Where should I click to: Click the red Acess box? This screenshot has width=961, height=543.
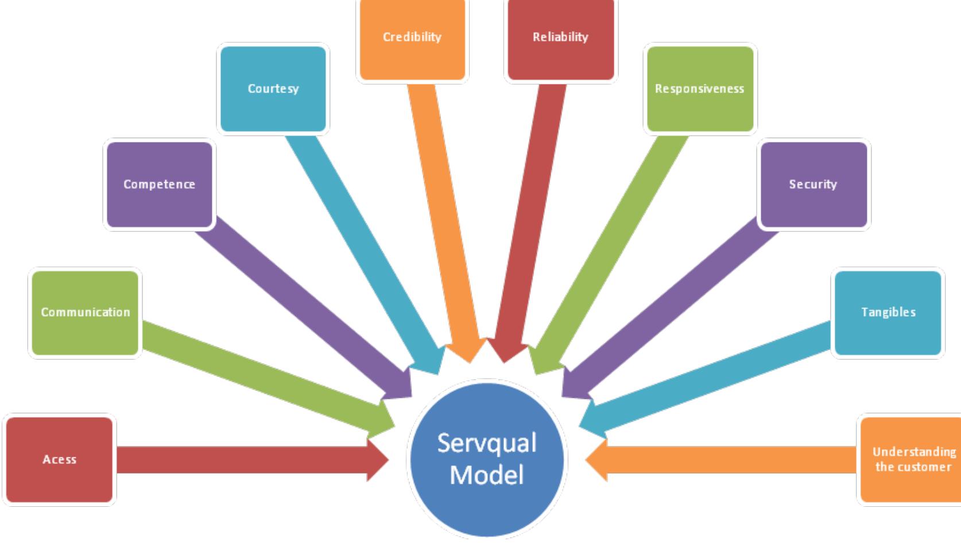59,460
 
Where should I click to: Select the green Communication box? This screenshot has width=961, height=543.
85,313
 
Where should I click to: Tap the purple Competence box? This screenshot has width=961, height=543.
159,184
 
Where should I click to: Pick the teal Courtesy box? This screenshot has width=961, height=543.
273,89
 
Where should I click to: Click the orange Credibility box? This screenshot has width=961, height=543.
412,37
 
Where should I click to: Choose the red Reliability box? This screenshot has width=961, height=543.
560,37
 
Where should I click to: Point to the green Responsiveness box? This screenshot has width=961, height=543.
699,89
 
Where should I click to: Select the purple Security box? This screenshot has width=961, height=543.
813,184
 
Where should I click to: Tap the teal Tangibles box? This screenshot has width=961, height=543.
888,313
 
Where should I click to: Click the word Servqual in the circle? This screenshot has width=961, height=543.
487,443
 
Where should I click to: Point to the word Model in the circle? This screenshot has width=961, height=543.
487,475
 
